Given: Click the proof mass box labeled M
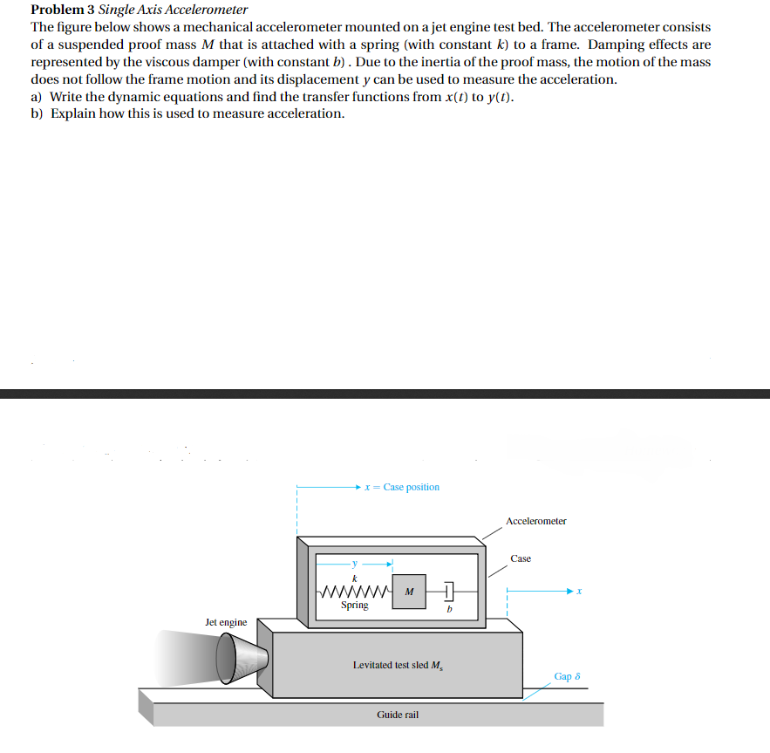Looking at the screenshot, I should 409,592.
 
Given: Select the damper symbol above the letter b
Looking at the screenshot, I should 446,592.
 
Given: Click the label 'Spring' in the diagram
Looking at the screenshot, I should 354,606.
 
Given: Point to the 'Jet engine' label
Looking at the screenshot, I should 226,622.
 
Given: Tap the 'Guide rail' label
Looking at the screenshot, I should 398,715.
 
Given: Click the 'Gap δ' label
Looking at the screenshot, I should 567,676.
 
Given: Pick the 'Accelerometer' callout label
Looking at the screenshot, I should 535,521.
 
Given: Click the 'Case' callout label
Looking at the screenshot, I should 521,558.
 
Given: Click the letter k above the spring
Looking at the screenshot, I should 354,578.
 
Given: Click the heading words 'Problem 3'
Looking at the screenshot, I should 62,10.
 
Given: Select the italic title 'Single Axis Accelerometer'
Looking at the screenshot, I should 173,10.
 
